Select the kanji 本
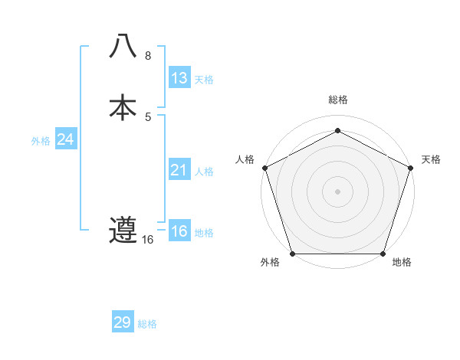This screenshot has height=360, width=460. (x=123, y=107)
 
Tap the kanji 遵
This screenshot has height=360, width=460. (x=123, y=230)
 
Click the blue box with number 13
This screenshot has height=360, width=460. (x=179, y=77)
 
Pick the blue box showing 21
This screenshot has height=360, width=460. (x=179, y=170)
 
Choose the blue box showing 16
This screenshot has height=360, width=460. (x=179, y=231)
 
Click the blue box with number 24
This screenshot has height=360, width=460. (x=65, y=139)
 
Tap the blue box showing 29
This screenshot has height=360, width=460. (x=123, y=322)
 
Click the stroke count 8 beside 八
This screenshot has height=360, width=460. (x=148, y=56)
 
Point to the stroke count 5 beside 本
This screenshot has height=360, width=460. (x=148, y=117)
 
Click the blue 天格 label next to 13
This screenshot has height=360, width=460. (x=203, y=80)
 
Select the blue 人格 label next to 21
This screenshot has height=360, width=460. (x=204, y=172)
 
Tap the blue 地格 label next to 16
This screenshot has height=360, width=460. (x=204, y=233)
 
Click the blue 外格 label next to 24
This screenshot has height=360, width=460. (x=41, y=141)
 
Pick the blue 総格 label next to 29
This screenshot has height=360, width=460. (x=147, y=324)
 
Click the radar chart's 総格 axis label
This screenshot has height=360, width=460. (x=337, y=100)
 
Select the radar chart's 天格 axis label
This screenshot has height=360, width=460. (x=431, y=159)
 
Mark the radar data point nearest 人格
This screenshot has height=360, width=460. (x=264, y=167)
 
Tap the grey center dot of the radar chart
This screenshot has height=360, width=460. (x=337, y=191)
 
